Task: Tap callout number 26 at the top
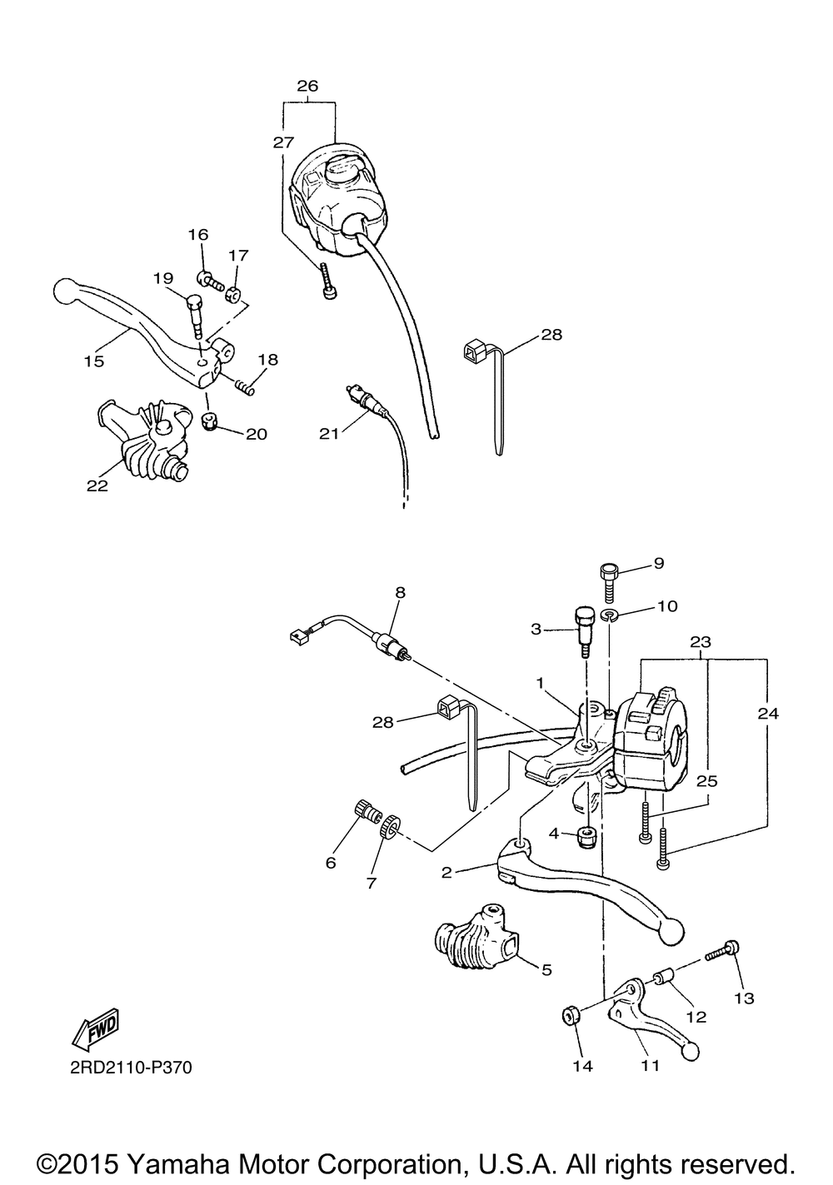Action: point(307,86)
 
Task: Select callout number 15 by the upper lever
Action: point(93,361)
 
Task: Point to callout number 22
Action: point(97,486)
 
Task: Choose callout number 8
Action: point(401,593)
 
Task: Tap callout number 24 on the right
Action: point(769,713)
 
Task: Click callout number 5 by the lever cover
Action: point(546,969)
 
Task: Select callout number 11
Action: point(651,1064)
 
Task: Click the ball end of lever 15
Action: point(64,291)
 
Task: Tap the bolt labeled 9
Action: point(608,574)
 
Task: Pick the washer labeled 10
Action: point(612,616)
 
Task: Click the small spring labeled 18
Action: point(244,384)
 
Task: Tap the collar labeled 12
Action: point(663,976)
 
